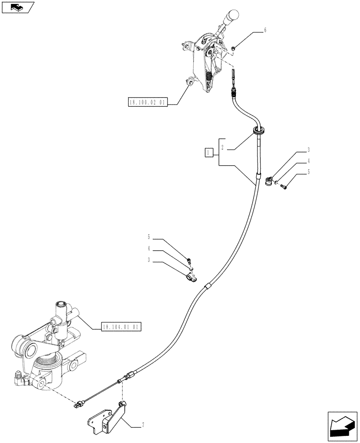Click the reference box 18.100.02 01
point(146,103)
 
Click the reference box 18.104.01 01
point(121,327)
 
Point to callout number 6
point(265,31)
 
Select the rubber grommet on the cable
point(259,130)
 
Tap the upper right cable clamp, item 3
point(268,181)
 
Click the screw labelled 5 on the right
point(283,187)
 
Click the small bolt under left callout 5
point(189,260)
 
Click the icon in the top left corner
point(17,7)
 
